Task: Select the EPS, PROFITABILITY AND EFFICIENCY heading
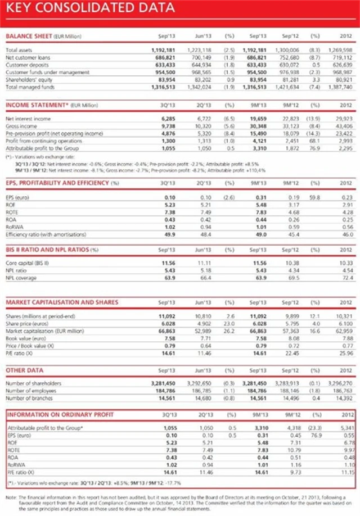tap(62, 183)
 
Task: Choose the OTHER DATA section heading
tap(25, 371)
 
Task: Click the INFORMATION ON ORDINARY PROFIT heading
tap(61, 415)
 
